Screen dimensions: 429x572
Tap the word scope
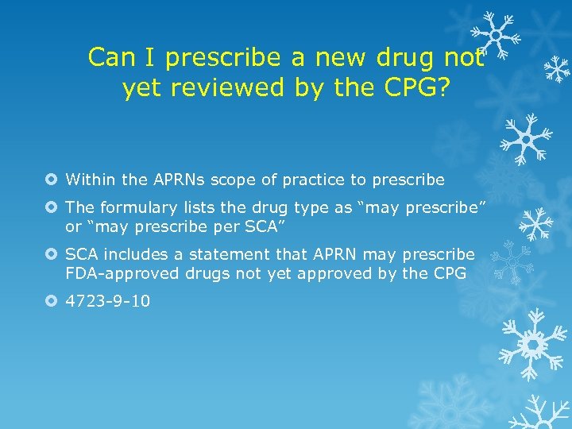(219, 180)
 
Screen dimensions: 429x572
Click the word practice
(289, 180)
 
